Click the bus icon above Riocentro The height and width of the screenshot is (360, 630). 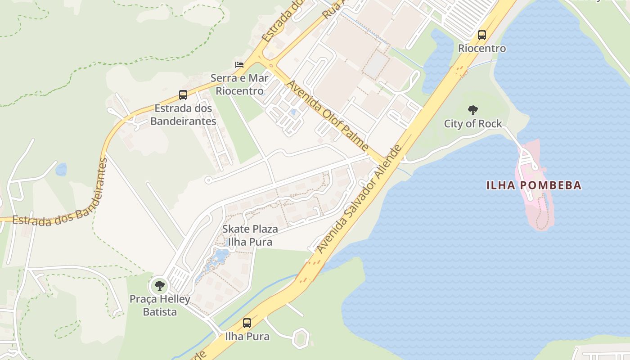coord(482,35)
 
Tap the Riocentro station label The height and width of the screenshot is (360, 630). coord(482,48)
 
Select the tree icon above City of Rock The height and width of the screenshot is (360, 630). coord(472,110)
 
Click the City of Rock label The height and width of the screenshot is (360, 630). coord(473,124)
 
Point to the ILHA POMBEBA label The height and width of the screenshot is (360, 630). coord(534,185)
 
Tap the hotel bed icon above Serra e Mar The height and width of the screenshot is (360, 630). coord(239,65)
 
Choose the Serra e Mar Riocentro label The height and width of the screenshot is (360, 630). coord(239,85)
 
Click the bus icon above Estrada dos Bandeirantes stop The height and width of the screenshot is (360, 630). coord(183,95)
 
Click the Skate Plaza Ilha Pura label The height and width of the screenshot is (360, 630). coord(250,235)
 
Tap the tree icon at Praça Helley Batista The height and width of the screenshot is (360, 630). coord(159,285)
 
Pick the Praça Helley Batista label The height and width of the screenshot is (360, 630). coord(160,305)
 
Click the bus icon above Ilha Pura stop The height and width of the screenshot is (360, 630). coord(247,323)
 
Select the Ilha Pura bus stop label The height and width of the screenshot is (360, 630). coord(247,336)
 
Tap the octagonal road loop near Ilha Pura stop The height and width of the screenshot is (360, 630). coord(300,337)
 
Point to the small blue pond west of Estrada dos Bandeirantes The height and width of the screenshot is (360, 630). coord(61,170)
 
